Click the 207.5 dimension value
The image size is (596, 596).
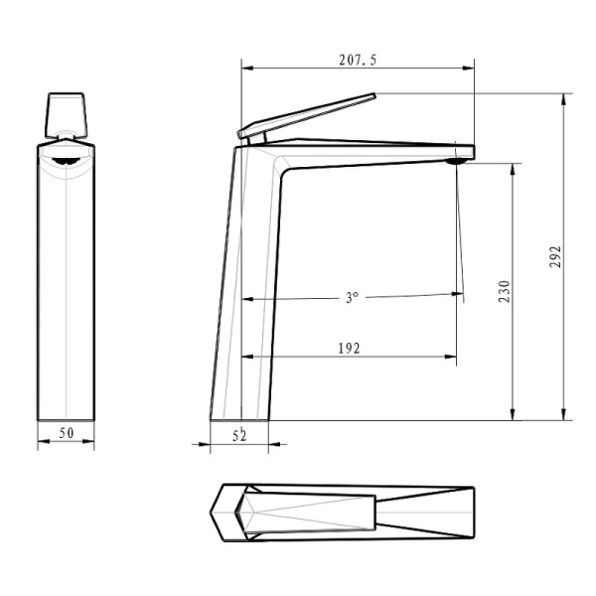coord(358,60)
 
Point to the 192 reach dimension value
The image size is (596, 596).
coord(348,348)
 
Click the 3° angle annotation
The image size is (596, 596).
coord(351,297)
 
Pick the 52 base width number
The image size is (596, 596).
coord(238,434)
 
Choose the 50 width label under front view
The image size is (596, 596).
coord(67,433)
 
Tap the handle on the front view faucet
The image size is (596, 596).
coord(67,113)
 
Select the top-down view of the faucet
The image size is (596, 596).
coord(345,514)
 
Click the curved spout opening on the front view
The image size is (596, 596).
coord(66,158)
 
